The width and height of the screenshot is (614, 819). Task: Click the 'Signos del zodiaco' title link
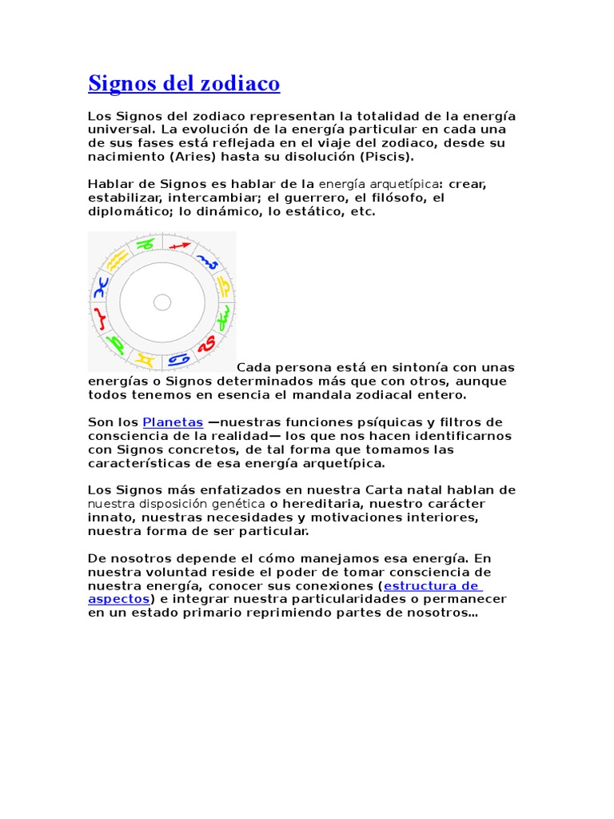pyautogui.click(x=184, y=83)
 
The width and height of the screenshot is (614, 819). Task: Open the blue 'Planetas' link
pyautogui.click(x=173, y=421)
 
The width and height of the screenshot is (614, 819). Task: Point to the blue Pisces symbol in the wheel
pyautogui.click(x=101, y=288)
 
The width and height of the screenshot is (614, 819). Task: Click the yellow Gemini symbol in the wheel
pyautogui.click(x=144, y=359)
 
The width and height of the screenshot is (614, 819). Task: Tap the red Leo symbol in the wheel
pyautogui.click(x=207, y=344)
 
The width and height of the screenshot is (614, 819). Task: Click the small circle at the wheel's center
pyautogui.click(x=162, y=302)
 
